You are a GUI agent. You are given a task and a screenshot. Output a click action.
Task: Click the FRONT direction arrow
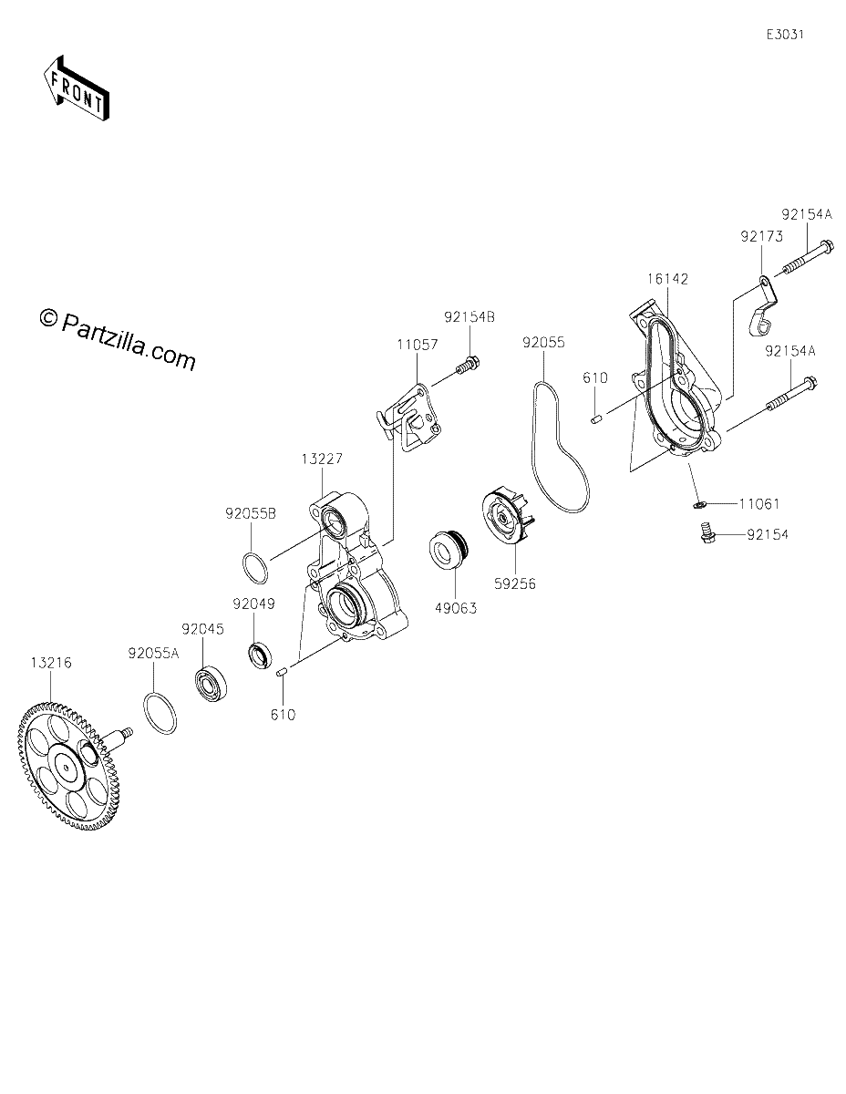(76, 88)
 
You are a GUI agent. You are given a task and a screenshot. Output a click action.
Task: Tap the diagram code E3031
(785, 35)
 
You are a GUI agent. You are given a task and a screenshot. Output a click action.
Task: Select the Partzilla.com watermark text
(118, 340)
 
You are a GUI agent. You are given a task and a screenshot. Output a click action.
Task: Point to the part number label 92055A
(153, 654)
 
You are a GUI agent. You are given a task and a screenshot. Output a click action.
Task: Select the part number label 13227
(322, 459)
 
